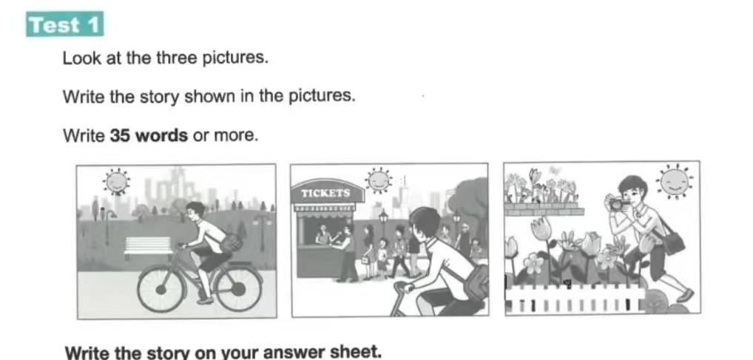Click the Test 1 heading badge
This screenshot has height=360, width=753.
click(x=65, y=24)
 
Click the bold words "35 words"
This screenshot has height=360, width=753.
click(x=149, y=135)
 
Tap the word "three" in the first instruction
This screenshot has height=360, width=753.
click(x=175, y=58)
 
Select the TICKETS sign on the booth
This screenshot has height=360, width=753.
click(x=325, y=193)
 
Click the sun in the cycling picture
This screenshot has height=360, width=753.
click(x=116, y=181)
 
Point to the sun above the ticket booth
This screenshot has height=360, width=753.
click(x=379, y=180)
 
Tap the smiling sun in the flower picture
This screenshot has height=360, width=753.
click(x=675, y=181)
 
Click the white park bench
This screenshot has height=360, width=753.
click(x=148, y=247)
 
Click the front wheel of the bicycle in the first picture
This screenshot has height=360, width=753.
click(x=161, y=289)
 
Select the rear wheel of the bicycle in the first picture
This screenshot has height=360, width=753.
click(x=238, y=288)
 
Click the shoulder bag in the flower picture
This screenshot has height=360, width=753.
click(x=673, y=242)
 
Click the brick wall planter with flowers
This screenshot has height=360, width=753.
click(x=544, y=208)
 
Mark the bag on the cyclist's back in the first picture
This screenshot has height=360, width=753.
click(x=232, y=242)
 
